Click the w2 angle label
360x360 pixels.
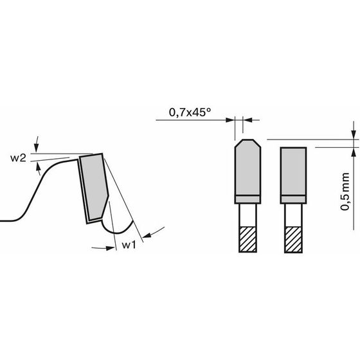click(x=18, y=158)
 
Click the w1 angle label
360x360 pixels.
click(x=129, y=245)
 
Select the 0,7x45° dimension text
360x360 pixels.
click(x=190, y=113)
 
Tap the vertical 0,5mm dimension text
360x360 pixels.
click(x=345, y=192)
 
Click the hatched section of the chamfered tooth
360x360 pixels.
click(x=248, y=239)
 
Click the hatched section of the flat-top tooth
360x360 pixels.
click(x=293, y=239)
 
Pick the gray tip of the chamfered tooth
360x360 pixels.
click(x=248, y=168)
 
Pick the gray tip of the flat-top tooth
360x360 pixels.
click(x=293, y=172)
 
